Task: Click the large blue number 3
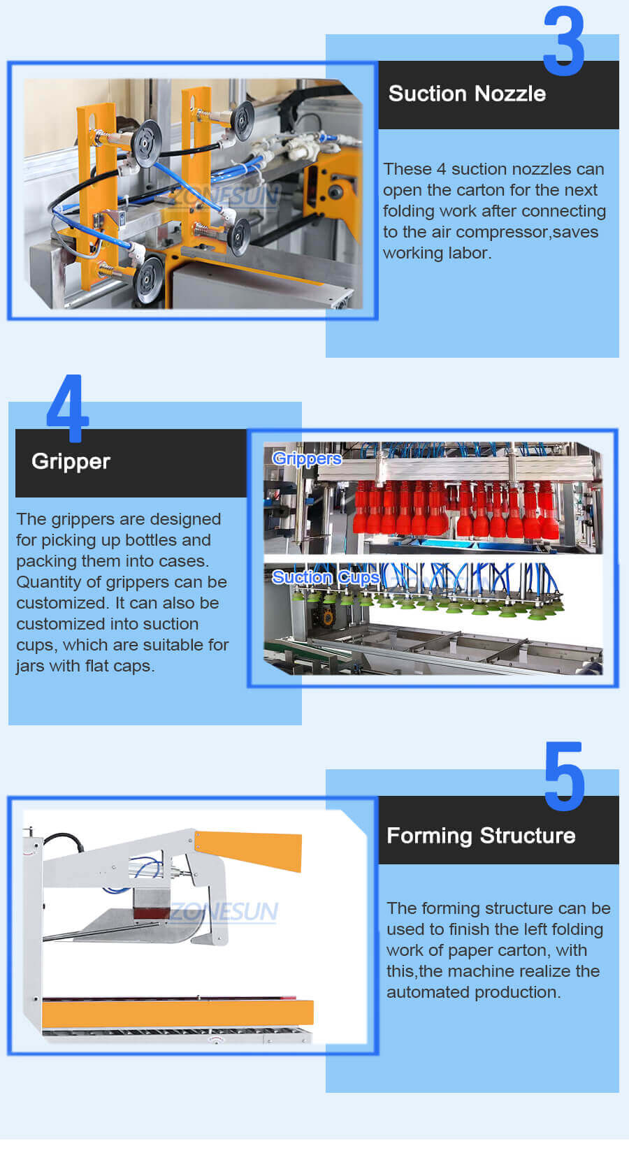563,42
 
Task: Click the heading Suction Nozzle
467,94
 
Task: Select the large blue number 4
68,409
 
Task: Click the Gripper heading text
71,461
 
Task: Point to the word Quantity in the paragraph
49,582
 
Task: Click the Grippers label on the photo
307,458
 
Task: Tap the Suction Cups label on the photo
326,577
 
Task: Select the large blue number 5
564,777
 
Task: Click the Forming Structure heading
481,836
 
